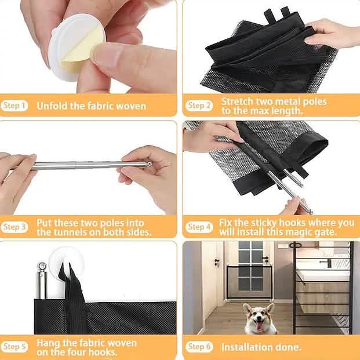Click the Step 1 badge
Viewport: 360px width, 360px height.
point(15,106)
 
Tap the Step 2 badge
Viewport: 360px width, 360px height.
point(199,106)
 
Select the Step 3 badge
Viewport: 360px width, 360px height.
point(15,227)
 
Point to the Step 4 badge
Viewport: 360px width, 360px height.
point(199,227)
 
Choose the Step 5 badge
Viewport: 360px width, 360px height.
point(15,347)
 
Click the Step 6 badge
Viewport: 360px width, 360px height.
point(199,347)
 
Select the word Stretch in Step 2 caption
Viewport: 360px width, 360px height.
point(238,101)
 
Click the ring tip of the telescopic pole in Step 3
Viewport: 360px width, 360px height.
point(149,165)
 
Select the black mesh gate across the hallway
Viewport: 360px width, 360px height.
point(249,288)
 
